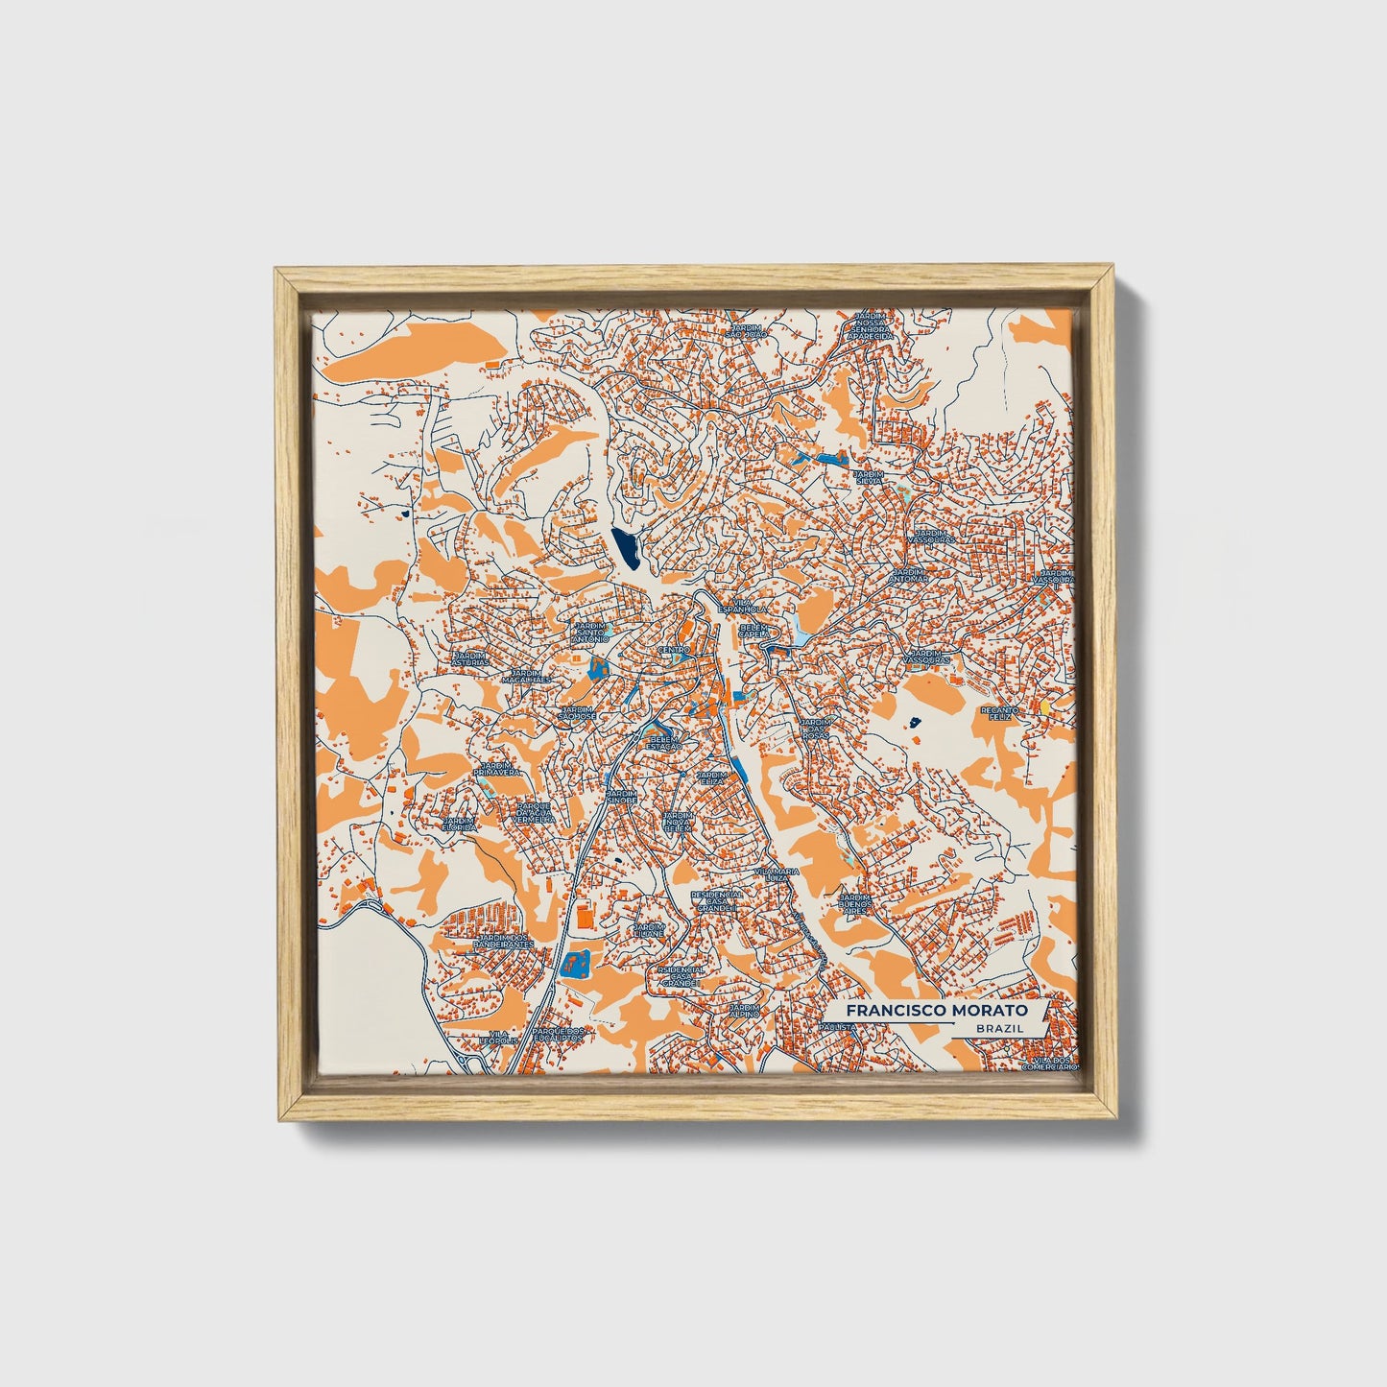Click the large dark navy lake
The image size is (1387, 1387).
[624, 547]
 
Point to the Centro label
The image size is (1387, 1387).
[674, 650]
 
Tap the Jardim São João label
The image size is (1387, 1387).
[746, 330]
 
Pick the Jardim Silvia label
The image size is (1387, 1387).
[869, 477]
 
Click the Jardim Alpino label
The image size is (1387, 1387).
[744, 1012]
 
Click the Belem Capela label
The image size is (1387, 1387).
[754, 631]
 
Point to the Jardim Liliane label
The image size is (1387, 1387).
[649, 930]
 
